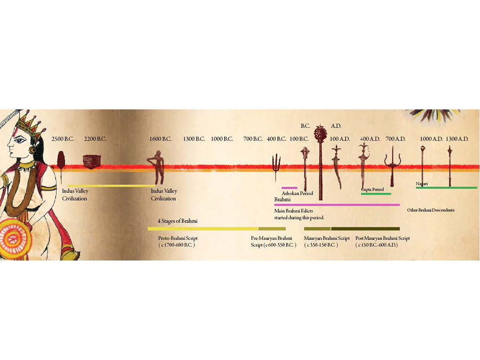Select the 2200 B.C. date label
(x=95, y=139)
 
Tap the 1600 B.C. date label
(x=160, y=139)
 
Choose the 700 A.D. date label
(x=396, y=139)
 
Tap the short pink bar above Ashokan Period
(x=289, y=188)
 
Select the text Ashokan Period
(x=297, y=193)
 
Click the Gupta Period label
(x=372, y=190)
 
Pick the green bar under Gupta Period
(x=376, y=194)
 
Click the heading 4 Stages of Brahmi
(x=178, y=221)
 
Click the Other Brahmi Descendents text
(x=431, y=210)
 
